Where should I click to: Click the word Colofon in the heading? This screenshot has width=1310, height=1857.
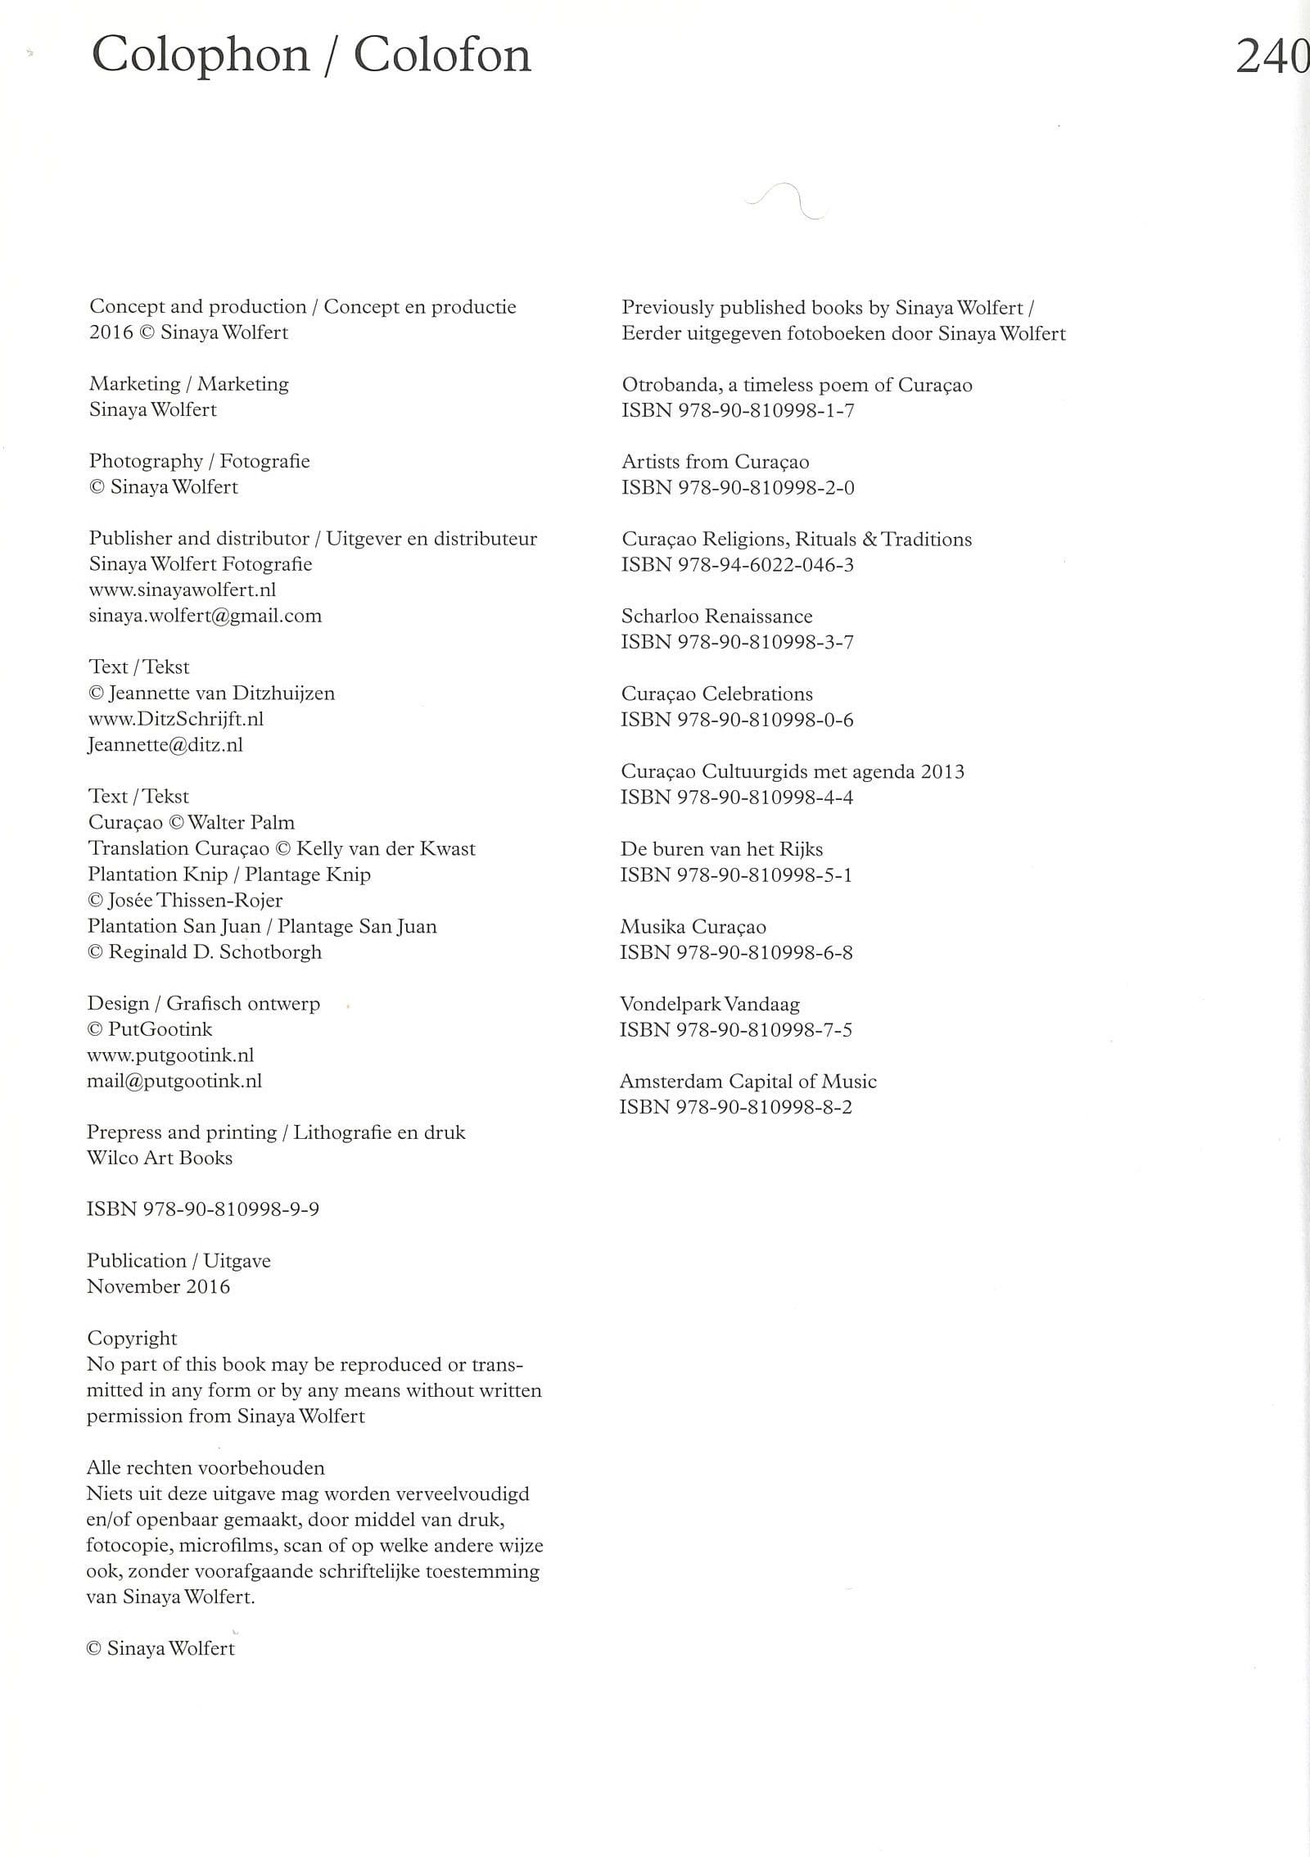pyautogui.click(x=442, y=56)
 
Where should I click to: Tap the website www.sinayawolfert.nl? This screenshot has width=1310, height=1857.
pyautogui.click(x=182, y=590)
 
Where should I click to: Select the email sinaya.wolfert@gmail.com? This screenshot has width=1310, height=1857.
pyautogui.click(x=205, y=616)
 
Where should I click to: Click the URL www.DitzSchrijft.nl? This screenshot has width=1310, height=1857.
pyautogui.click(x=175, y=719)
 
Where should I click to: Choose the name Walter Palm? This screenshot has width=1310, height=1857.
pyautogui.click(x=241, y=822)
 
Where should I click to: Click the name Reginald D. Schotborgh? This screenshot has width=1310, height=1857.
pyautogui.click(x=215, y=951)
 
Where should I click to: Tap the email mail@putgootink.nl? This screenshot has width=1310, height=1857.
pyautogui.click(x=174, y=1081)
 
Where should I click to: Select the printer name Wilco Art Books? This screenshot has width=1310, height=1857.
pyautogui.click(x=160, y=1158)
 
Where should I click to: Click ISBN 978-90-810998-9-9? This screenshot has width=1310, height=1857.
pyautogui.click(x=203, y=1209)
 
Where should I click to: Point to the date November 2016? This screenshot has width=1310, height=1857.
pyautogui.click(x=158, y=1286)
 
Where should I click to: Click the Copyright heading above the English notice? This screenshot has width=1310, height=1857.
pyautogui.click(x=132, y=1338)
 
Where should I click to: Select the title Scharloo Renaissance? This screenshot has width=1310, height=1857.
pyautogui.click(x=716, y=616)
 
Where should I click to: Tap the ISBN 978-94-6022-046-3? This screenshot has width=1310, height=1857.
pyautogui.click(x=737, y=564)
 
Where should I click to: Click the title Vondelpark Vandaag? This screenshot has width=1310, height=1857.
pyautogui.click(x=709, y=1004)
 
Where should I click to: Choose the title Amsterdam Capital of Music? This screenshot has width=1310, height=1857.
pyautogui.click(x=748, y=1081)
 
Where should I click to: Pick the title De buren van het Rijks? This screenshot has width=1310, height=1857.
pyautogui.click(x=721, y=849)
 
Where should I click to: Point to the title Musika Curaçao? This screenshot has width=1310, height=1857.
pyautogui.click(x=693, y=926)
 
